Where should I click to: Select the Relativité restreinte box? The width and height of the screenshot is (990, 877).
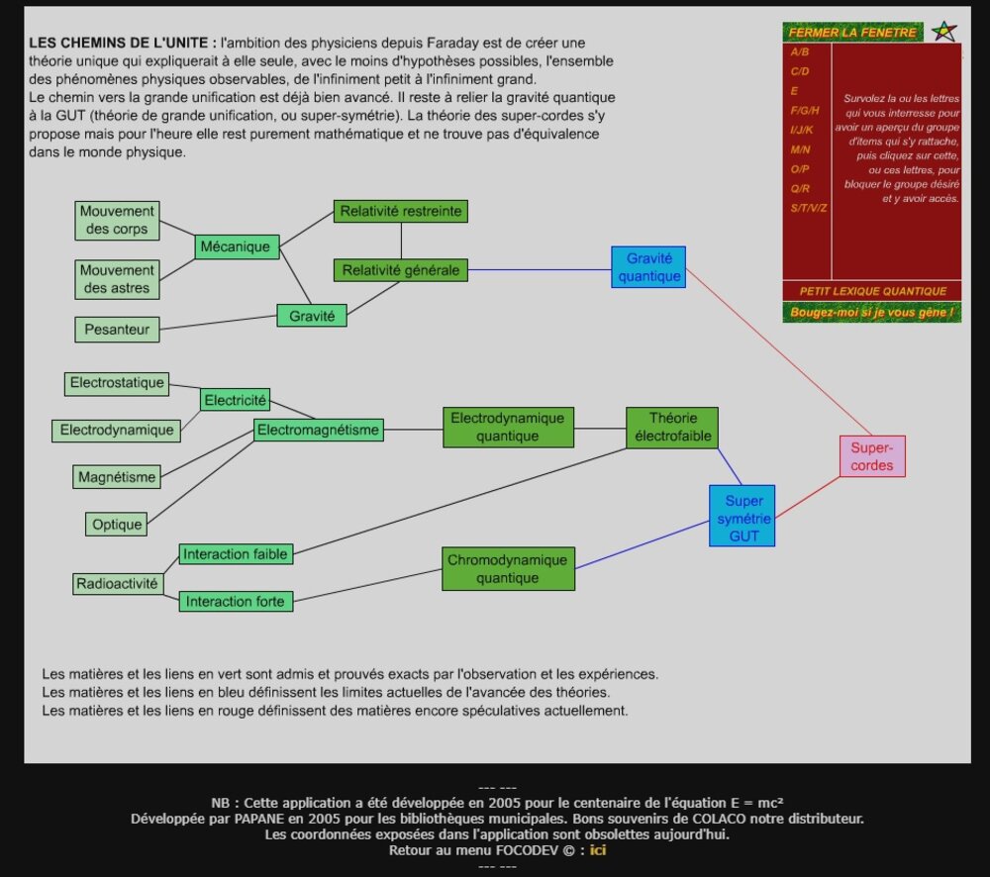point(401,211)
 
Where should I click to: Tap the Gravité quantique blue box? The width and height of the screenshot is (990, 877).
point(649,267)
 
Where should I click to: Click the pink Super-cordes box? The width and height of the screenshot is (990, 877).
point(872,456)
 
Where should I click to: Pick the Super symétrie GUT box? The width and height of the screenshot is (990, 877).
point(742,516)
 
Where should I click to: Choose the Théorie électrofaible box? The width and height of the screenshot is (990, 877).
point(673,427)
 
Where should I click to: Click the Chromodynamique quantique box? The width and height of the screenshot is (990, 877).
point(508,569)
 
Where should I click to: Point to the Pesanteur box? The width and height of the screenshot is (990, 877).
point(117,330)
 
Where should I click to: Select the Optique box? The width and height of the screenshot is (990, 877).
point(117,525)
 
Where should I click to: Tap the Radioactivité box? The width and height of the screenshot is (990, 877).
point(117,584)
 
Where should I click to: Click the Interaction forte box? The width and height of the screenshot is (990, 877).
point(235,601)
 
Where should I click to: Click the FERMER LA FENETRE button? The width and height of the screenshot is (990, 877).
point(852,33)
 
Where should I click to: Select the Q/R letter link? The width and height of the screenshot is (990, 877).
point(800,188)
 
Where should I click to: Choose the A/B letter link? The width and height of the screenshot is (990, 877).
point(799,51)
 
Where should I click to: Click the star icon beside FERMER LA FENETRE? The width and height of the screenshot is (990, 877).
point(945,32)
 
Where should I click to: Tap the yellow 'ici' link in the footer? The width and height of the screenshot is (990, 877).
point(598,850)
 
